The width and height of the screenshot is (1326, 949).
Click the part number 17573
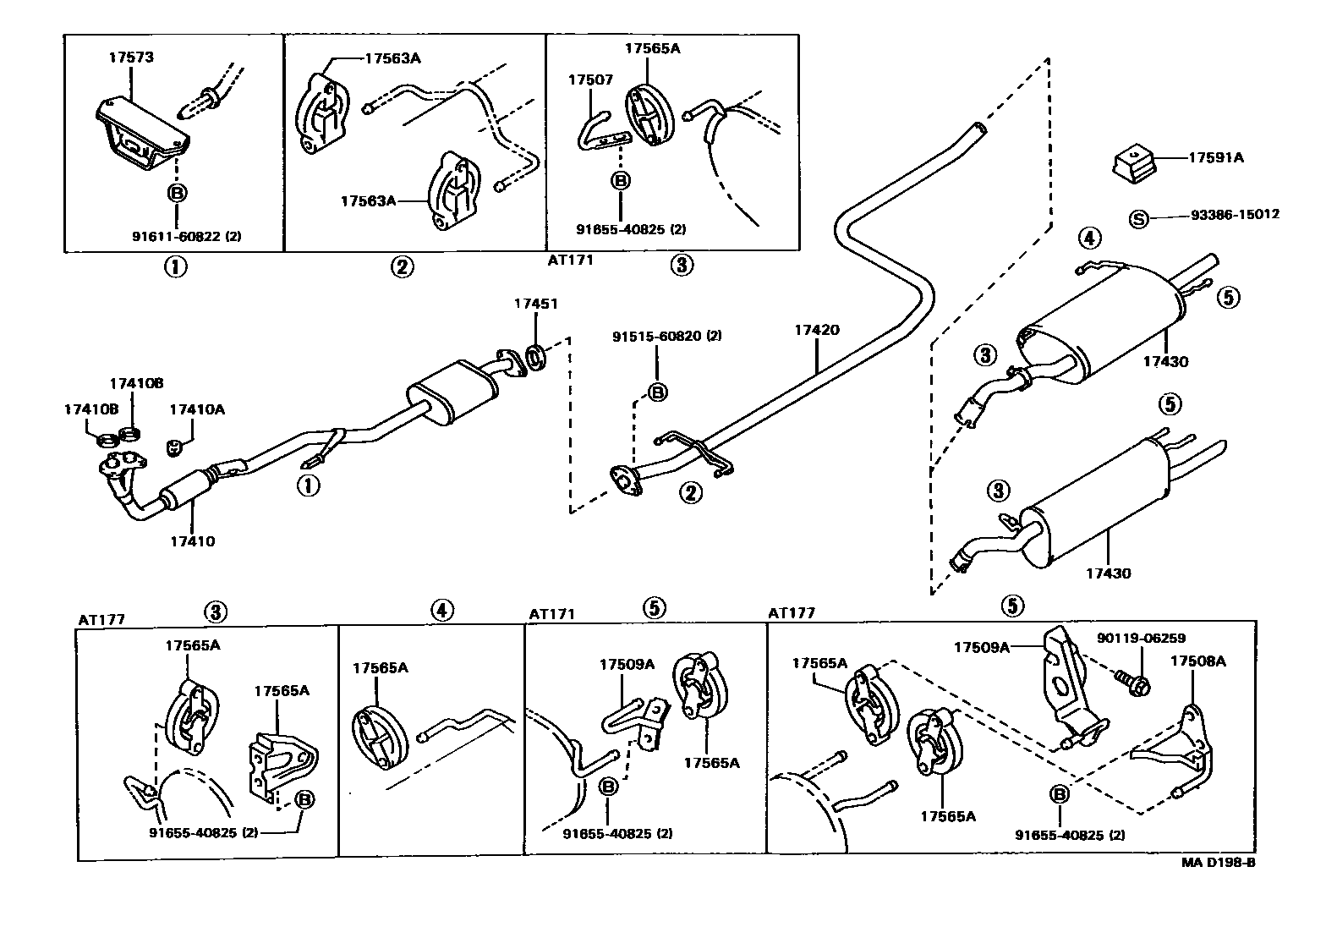[x=131, y=58]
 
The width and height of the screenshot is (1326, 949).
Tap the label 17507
[x=589, y=80]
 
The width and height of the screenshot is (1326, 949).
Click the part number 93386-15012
[x=1235, y=215]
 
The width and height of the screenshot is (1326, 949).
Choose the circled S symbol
[x=1139, y=219]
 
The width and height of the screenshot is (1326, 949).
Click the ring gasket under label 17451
[x=536, y=356]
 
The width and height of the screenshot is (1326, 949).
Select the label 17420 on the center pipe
[x=816, y=330]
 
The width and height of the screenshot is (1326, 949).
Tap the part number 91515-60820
[x=666, y=336]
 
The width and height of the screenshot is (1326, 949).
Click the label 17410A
[x=197, y=409]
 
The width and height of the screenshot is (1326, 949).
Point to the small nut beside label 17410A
[x=175, y=446]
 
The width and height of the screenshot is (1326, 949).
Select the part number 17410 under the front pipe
[x=192, y=541]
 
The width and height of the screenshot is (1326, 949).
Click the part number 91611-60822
[x=186, y=237]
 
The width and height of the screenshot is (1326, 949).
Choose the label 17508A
[x=1197, y=661]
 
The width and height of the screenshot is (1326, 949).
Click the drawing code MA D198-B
[x=1218, y=864]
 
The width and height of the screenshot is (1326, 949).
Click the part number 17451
[x=536, y=304]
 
